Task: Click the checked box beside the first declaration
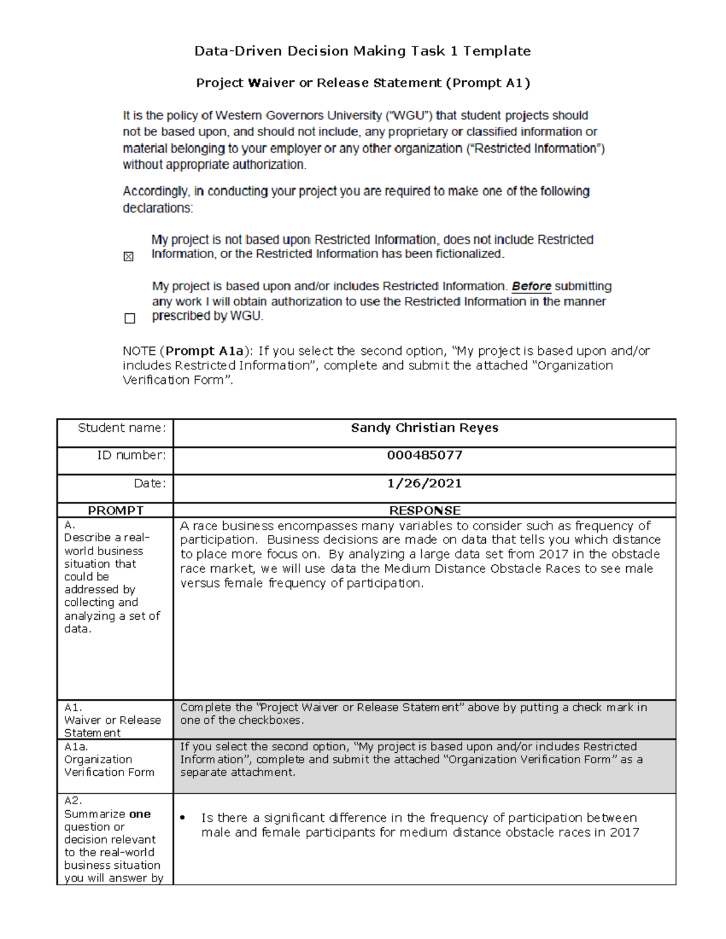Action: (x=128, y=257)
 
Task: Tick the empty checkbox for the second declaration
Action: (x=129, y=318)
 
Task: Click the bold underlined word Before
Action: (x=531, y=286)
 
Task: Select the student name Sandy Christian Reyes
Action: (x=424, y=428)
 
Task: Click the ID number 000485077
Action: (x=424, y=455)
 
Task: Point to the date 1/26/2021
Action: (x=424, y=483)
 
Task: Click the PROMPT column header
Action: (x=116, y=510)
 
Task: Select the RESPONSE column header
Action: (x=424, y=510)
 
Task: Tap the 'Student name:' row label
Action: (x=121, y=428)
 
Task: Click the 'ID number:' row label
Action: (x=131, y=455)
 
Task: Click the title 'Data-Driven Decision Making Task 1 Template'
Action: (x=362, y=51)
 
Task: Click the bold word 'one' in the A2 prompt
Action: (x=140, y=814)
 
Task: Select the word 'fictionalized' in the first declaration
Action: (x=468, y=254)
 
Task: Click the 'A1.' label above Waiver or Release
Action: (x=73, y=707)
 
